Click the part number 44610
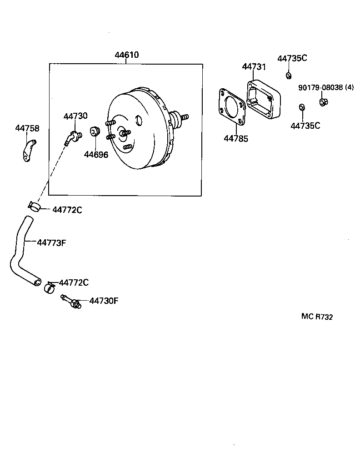click(x=126, y=55)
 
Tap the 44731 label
click(x=254, y=67)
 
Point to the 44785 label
click(x=236, y=139)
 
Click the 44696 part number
click(x=96, y=155)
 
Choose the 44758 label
click(x=27, y=128)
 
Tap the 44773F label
click(x=51, y=242)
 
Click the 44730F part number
click(x=104, y=301)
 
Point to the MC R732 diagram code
click(x=316, y=317)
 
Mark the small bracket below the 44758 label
click(x=29, y=151)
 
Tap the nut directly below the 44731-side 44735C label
click(x=288, y=75)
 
